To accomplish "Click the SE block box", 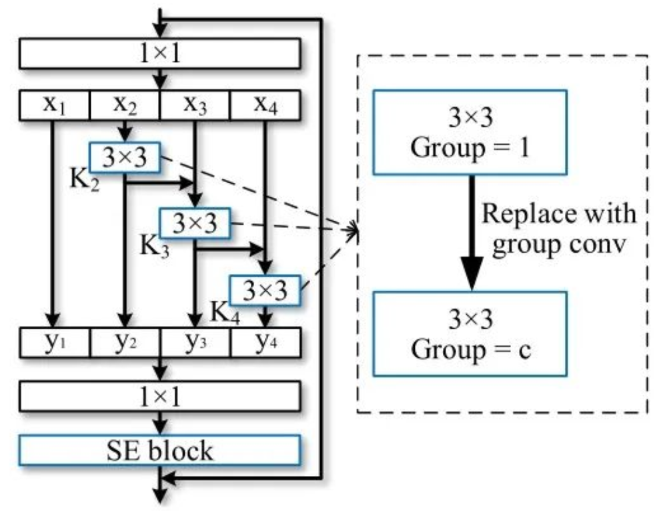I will [160, 451].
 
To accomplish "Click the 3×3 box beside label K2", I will [124, 157].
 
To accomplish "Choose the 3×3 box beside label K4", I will [265, 289].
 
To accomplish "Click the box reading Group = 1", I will [471, 131].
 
